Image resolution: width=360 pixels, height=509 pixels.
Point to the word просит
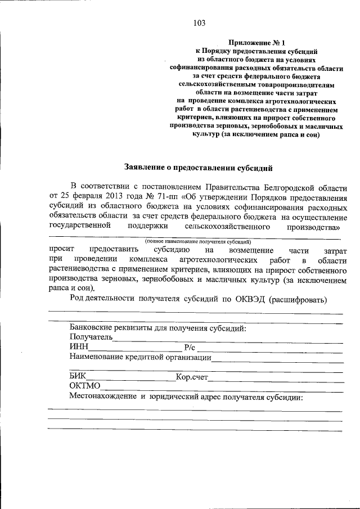pos(60,249)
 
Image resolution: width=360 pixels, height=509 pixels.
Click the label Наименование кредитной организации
pos(141,357)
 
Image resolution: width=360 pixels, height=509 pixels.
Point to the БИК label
pos(78,377)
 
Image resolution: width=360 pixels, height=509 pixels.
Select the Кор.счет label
pos(193,377)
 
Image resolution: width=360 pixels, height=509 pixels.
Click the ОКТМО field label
pos(85,386)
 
